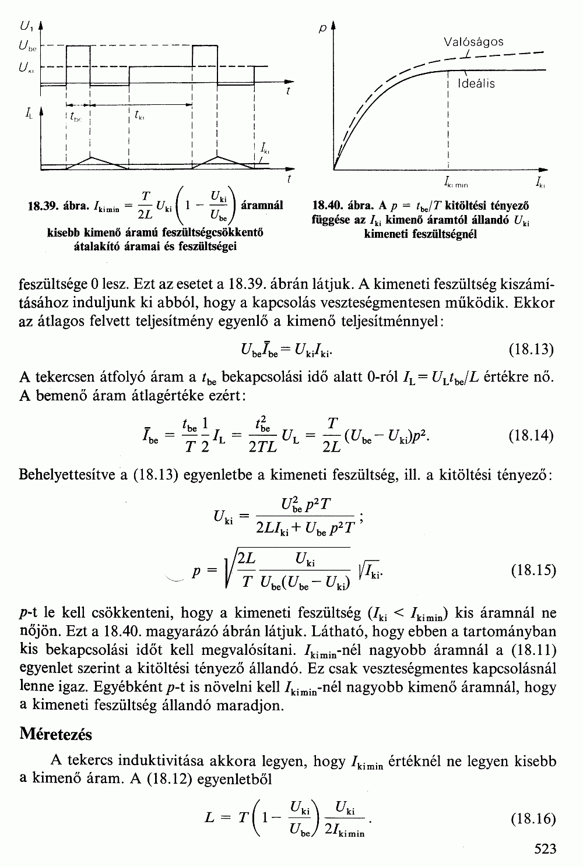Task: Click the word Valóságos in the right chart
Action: [473, 42]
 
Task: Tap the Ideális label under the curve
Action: [477, 83]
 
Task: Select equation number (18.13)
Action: [531, 349]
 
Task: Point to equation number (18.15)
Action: [531, 570]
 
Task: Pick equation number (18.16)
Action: [531, 819]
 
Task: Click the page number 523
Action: [545, 848]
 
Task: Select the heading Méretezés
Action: [56, 734]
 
